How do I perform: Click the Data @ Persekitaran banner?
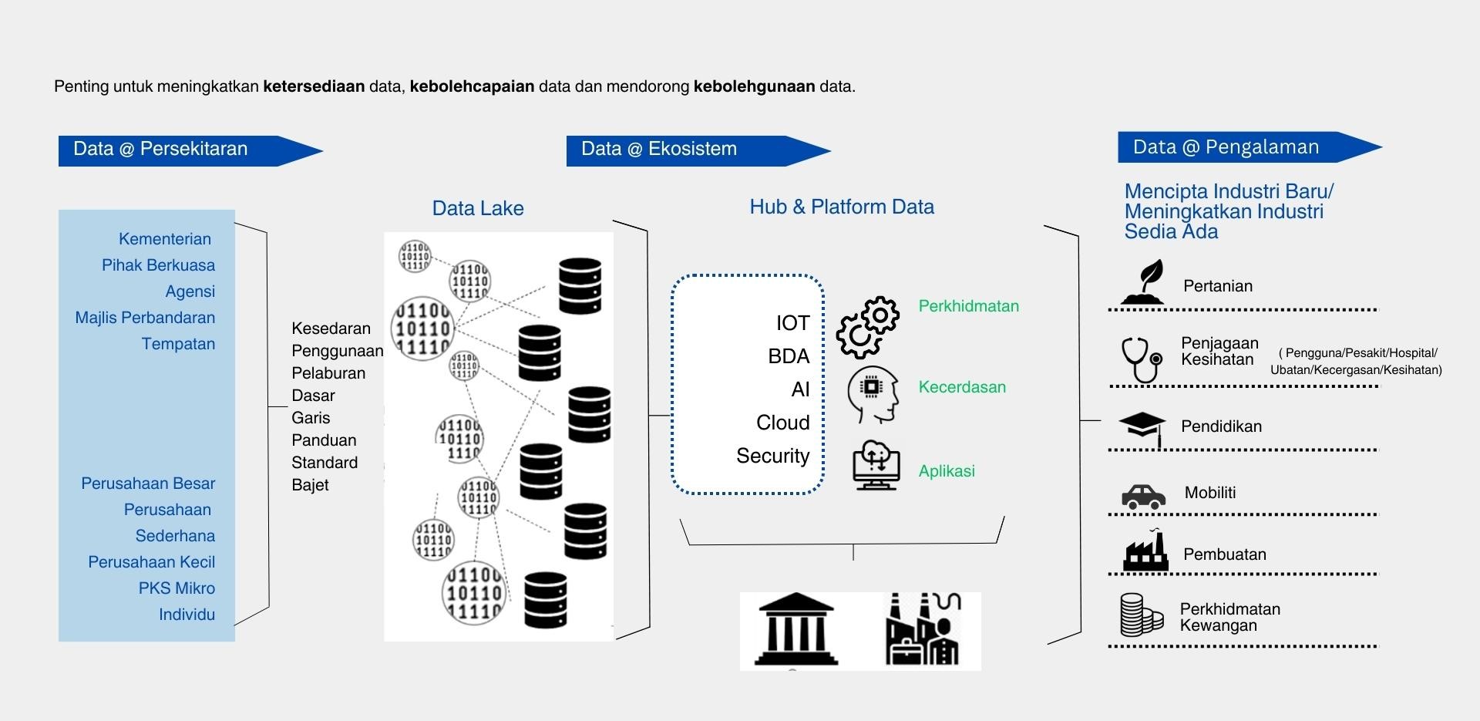click(160, 150)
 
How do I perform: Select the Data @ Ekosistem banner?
click(659, 150)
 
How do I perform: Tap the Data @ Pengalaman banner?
click(1226, 147)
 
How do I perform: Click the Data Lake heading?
click(478, 208)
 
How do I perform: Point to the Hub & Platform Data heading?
click(842, 207)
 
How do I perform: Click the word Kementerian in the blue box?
click(164, 239)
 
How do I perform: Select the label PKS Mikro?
click(177, 588)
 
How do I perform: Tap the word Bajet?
click(310, 485)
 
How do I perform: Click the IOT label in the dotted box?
click(792, 323)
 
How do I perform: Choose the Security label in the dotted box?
click(772, 456)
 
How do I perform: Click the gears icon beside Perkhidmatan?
click(868, 327)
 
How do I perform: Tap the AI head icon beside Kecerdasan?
click(873, 394)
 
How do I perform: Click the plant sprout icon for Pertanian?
click(1144, 282)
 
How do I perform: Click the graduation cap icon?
click(1142, 426)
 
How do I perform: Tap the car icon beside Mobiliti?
click(1143, 497)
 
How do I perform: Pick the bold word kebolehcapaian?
click(472, 86)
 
